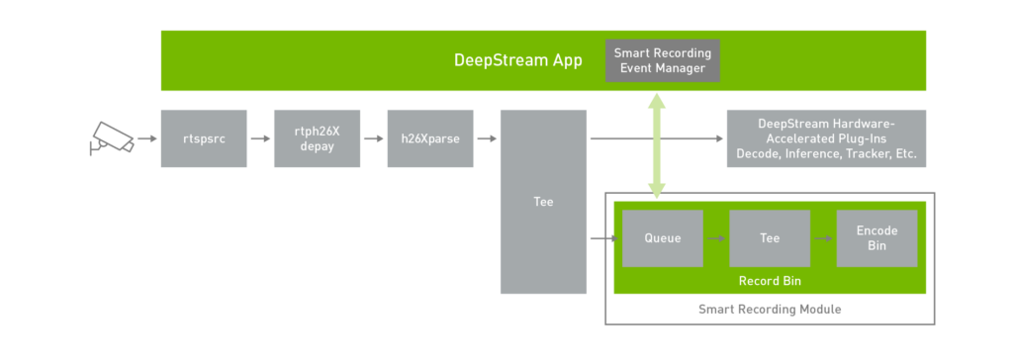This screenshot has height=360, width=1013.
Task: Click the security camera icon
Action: [x=111, y=138]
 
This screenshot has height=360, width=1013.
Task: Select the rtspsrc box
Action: [x=204, y=138]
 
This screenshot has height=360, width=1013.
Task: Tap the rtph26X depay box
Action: [x=317, y=138]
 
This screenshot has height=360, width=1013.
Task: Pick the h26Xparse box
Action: [x=429, y=138]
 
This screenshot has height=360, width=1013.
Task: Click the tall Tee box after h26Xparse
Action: [x=543, y=202]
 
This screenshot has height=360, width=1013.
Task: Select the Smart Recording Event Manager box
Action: [x=662, y=60]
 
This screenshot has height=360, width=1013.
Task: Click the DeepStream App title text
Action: [x=517, y=60]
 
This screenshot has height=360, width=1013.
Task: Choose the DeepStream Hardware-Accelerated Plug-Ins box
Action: [x=826, y=138]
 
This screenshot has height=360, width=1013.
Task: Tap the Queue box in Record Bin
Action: [x=663, y=238]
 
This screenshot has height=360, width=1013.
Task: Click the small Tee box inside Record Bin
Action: [x=769, y=238]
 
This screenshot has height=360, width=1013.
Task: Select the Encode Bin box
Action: [x=876, y=238]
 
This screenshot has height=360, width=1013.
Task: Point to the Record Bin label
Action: [x=769, y=281]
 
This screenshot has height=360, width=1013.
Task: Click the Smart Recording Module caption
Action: [x=770, y=310]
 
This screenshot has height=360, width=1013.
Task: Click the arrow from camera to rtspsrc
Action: [x=146, y=138]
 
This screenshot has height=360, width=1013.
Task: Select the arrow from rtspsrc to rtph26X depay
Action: [x=260, y=138]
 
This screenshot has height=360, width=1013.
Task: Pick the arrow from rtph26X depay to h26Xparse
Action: [x=373, y=138]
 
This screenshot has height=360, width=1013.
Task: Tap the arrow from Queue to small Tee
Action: [x=715, y=238]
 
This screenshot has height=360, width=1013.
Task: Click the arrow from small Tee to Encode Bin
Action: [x=822, y=238]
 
